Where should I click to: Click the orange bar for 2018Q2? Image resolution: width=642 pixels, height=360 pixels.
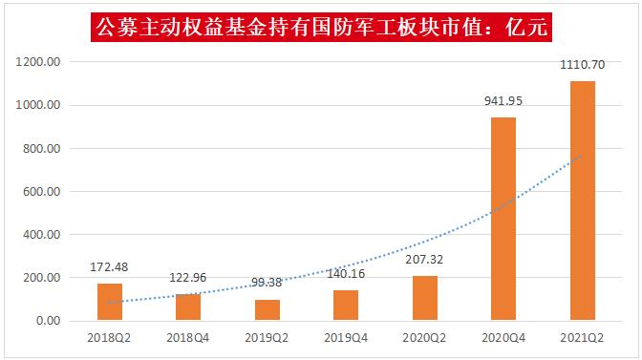[110, 302]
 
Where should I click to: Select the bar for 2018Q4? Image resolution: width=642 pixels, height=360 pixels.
[188, 307]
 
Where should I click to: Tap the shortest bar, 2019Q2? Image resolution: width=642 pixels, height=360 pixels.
[267, 310]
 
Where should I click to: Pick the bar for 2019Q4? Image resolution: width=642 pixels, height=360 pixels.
[346, 306]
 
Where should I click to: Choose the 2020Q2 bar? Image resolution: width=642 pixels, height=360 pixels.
[424, 298]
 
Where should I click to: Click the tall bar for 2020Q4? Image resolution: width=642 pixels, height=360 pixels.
[503, 220]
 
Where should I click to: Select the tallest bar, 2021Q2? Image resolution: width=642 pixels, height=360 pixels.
[582, 201]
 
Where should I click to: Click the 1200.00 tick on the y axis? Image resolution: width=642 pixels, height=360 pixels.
[39, 62]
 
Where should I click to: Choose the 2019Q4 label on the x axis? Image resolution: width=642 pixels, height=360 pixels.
[346, 339]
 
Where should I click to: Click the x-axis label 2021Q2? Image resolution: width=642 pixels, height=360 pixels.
[582, 339]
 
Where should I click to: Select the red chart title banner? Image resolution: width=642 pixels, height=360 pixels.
[321, 26]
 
